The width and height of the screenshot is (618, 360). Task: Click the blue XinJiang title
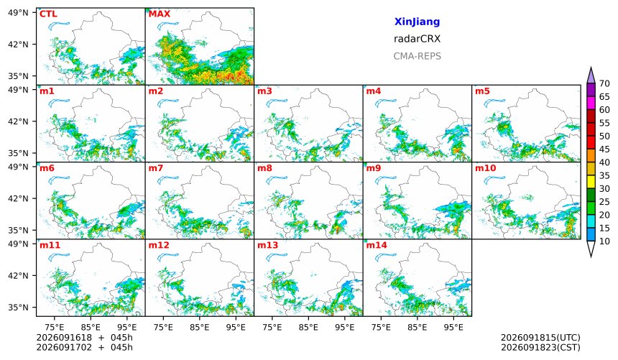[417, 22]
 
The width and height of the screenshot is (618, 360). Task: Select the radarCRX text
[417, 39]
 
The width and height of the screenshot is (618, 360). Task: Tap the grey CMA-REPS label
[417, 56]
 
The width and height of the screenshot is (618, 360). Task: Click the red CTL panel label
[48, 14]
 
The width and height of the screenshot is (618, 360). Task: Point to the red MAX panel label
[160, 14]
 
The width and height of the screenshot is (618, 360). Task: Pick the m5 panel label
[482, 91]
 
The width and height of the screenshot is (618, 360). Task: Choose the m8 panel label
[264, 168]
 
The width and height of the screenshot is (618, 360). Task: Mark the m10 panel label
[485, 168]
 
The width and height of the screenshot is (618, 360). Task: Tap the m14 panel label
[377, 245]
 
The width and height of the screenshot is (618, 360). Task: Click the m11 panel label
[50, 245]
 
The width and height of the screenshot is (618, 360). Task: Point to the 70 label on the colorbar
[604, 83]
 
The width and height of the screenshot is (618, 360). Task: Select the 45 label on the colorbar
[604, 149]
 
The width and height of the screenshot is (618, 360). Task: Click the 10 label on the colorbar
[604, 241]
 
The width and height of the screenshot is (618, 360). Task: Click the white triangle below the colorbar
[591, 249]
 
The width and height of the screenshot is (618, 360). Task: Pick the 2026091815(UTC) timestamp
[540, 338]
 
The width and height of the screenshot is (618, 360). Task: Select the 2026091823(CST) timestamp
[540, 347]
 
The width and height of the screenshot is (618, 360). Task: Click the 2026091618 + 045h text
[84, 338]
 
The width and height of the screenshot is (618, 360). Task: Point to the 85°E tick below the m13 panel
[308, 327]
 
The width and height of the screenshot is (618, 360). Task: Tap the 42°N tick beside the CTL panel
[18, 45]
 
